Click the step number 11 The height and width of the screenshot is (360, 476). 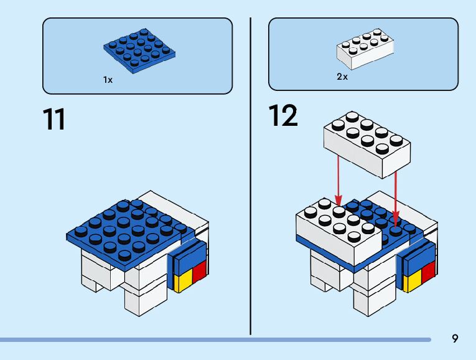54,119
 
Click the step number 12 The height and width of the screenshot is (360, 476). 283,116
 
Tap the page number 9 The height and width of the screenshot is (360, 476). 455,339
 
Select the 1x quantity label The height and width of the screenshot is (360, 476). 108,80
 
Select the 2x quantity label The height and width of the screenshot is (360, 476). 342,77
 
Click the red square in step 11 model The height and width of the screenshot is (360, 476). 199,272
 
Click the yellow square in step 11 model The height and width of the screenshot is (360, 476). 184,282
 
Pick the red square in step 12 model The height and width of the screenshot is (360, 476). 427,272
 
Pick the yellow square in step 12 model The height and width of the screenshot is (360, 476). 412,282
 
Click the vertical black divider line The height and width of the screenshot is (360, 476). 251,174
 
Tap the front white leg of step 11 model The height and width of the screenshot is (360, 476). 142,296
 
